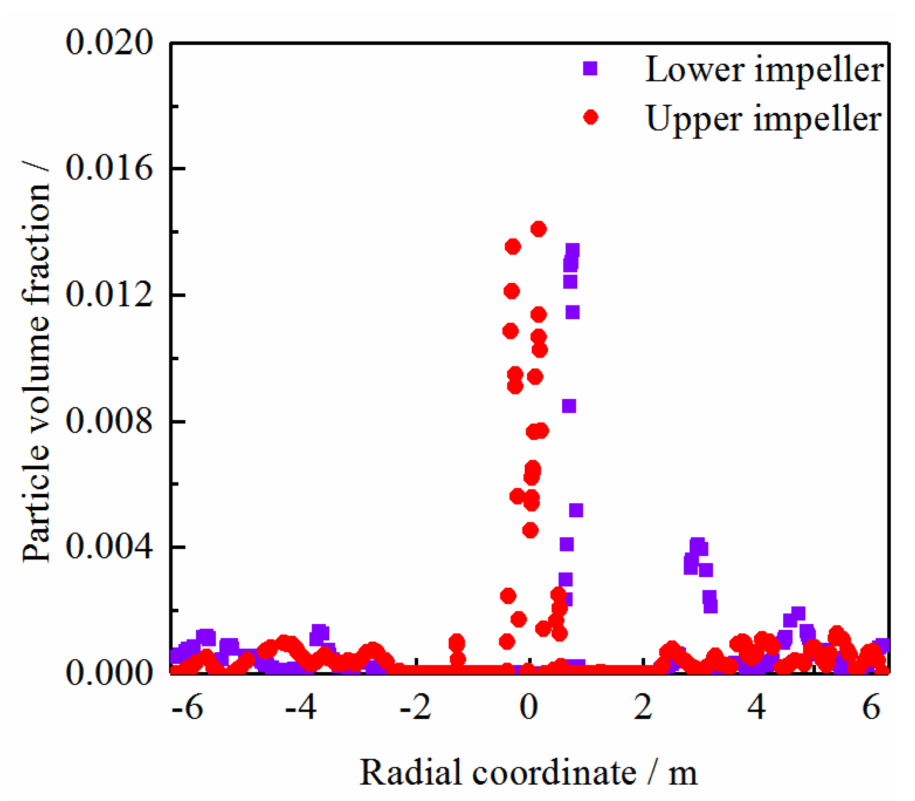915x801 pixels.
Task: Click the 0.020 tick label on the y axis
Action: [109, 43]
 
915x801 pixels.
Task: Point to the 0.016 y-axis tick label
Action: [109, 169]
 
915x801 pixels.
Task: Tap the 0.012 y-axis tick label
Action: [109, 295]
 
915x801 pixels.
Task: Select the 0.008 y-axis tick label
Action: [109, 421]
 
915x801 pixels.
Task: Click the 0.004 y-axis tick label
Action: [109, 547]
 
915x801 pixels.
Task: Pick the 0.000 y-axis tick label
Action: [109, 673]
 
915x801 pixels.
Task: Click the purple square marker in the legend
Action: [590, 69]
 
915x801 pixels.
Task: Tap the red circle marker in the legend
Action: [591, 117]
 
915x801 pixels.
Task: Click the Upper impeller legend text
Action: [763, 119]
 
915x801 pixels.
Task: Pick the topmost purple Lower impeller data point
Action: [572, 250]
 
